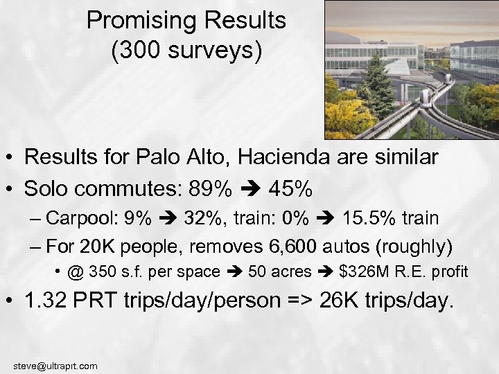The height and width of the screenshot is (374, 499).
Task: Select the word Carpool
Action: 83,218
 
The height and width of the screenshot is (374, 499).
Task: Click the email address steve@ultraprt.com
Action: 55,366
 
